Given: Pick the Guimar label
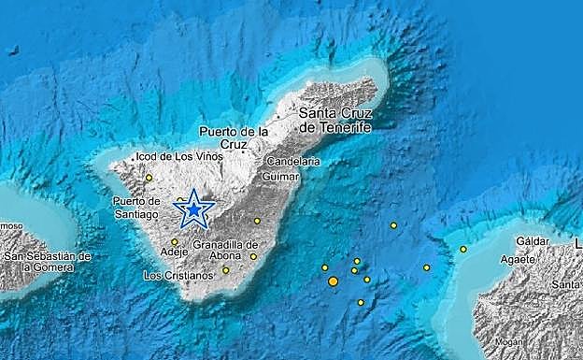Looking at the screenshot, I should (281, 176).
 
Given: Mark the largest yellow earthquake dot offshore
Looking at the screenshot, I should (333, 281).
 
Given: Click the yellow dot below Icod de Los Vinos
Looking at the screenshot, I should (149, 177).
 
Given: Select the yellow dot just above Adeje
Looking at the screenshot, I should (174, 241).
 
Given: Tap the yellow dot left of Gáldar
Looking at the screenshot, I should (463, 249).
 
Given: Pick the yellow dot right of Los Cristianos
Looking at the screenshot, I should (225, 270).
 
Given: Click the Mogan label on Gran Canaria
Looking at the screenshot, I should (509, 341).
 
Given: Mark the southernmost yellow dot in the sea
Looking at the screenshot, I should (360, 302).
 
